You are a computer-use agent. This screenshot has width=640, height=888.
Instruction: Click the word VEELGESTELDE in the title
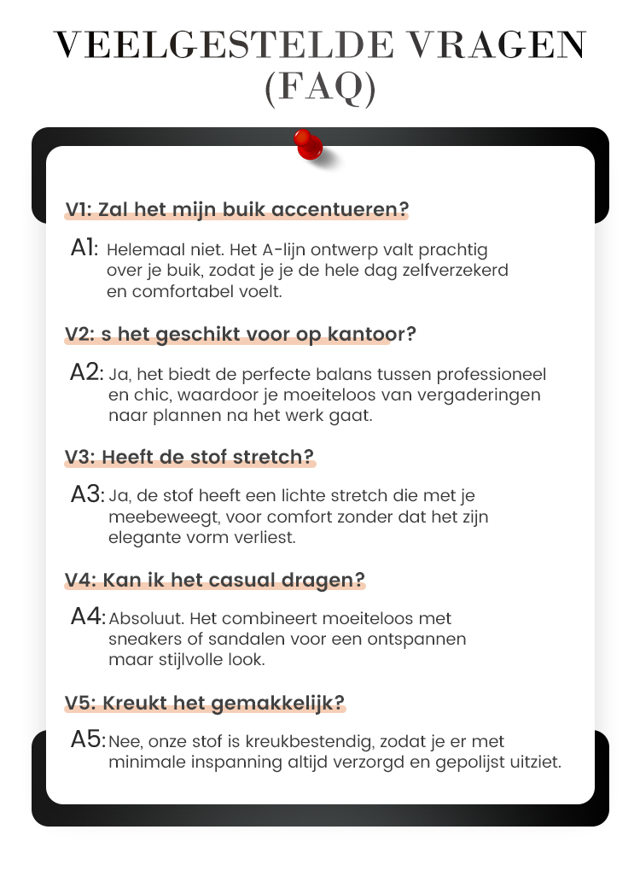(203, 45)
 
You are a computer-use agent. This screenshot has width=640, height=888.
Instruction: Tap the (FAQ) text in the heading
(320, 89)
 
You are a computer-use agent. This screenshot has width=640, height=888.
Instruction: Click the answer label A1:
(85, 248)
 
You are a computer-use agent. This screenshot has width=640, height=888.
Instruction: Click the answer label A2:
(87, 373)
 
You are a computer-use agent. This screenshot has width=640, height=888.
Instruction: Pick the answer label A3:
(87, 495)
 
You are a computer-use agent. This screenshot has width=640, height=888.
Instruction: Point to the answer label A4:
(88, 617)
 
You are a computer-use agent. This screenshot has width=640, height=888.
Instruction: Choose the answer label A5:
(88, 740)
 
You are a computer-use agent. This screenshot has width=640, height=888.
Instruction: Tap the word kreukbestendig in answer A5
(335, 742)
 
